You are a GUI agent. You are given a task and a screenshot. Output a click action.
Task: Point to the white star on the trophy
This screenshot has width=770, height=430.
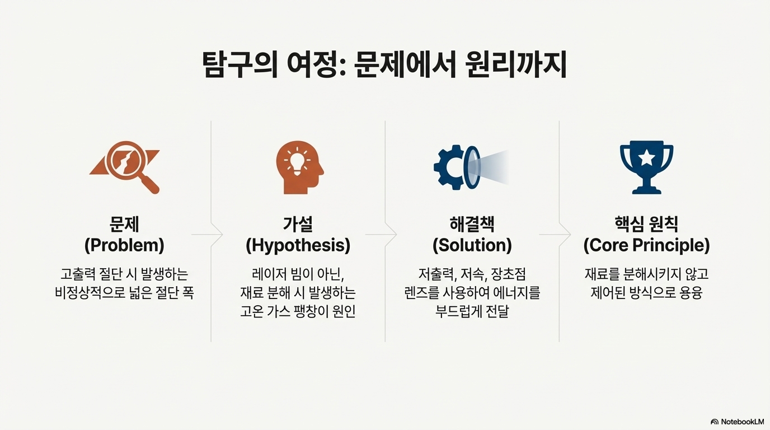(646, 158)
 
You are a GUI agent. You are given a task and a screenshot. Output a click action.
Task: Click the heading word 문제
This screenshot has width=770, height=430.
(124, 224)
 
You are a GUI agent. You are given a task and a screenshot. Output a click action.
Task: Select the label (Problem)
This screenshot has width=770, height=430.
(124, 245)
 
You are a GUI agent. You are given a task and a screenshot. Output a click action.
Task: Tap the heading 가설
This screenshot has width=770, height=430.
(298, 224)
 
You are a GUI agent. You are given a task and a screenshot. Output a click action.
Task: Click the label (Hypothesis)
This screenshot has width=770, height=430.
(298, 245)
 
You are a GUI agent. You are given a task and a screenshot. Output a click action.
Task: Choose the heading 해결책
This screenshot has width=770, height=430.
(472, 224)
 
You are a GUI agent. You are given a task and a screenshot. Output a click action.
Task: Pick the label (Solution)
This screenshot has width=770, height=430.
(472, 245)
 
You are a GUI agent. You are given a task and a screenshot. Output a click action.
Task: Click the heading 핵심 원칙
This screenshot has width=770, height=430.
(646, 224)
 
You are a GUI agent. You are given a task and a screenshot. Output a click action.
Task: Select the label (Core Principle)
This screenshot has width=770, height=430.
(646, 245)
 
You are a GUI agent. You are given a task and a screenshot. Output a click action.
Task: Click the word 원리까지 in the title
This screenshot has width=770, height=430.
(516, 66)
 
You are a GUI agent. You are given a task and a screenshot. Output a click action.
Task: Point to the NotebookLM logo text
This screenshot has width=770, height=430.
(742, 422)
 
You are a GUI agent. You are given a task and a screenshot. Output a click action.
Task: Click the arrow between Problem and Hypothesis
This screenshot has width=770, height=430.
(215, 234)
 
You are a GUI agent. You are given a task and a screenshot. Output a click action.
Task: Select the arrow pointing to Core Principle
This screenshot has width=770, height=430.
(564, 234)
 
